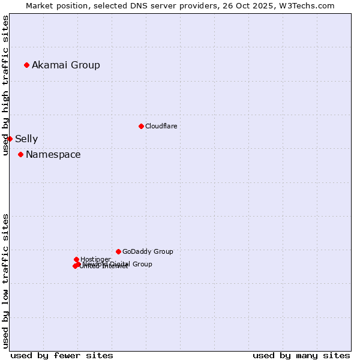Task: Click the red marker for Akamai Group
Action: [x=26, y=65]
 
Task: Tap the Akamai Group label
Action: [x=66, y=65]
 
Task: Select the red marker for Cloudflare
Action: [x=141, y=126]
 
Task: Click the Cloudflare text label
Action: [x=161, y=126]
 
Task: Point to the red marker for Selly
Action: [x=10, y=139]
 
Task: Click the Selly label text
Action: [x=26, y=139]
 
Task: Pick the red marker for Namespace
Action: [x=20, y=154]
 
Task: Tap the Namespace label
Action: [x=53, y=155]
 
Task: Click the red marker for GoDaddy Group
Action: [x=118, y=251]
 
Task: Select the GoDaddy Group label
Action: [x=148, y=251]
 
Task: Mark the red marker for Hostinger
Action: [x=76, y=259]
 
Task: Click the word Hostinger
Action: [x=95, y=259]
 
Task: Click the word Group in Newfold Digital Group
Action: [x=142, y=264]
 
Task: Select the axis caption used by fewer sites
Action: [x=62, y=355]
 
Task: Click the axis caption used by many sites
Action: [x=301, y=355]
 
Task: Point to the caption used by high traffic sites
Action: [x=5, y=85]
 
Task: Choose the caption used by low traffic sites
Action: [x=5, y=281]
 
